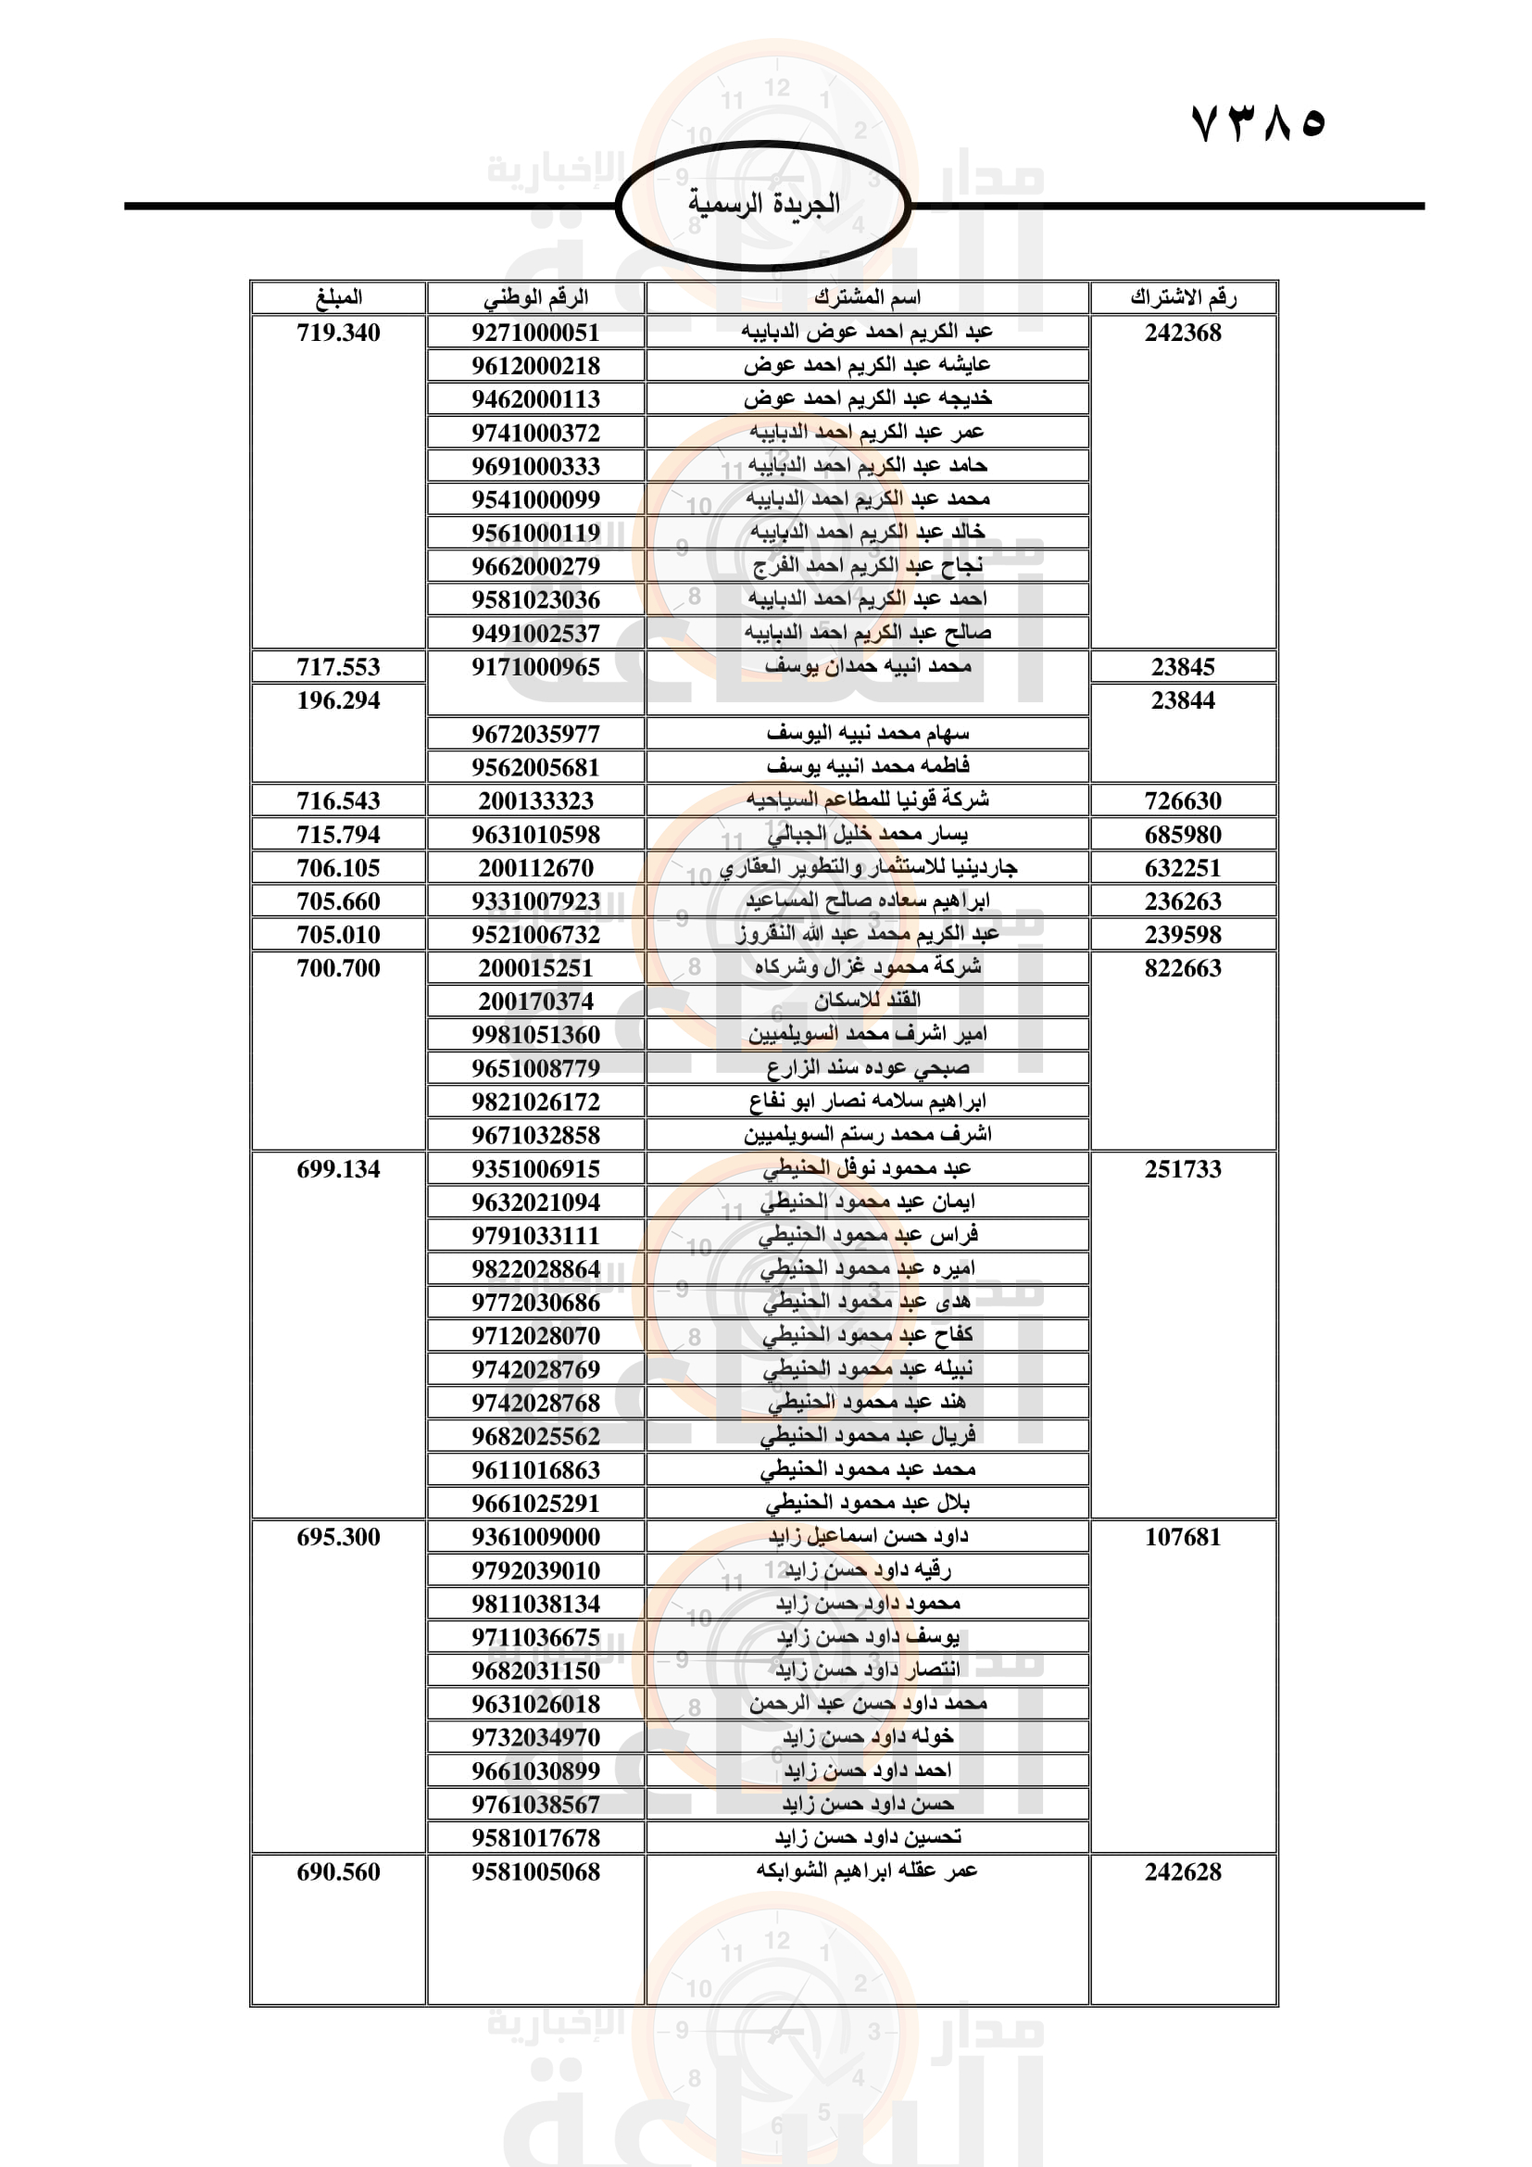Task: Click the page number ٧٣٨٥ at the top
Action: click(1259, 122)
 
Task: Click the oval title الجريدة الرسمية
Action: click(763, 204)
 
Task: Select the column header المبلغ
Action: click(338, 297)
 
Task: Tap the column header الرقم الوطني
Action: click(535, 297)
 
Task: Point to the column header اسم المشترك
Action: click(867, 297)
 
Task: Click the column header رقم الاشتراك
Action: click(1183, 297)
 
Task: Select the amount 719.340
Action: click(338, 333)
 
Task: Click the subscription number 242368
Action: click(1183, 333)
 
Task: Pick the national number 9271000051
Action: click(535, 333)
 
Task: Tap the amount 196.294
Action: click(338, 700)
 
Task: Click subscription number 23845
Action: click(1183, 666)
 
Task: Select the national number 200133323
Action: click(535, 800)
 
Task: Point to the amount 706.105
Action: click(338, 867)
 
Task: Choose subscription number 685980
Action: click(1183, 835)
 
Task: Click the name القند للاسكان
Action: click(867, 1001)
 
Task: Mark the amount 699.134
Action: click(338, 1168)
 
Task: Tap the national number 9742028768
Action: click(535, 1403)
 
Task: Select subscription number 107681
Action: click(1183, 1536)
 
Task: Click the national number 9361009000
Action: click(535, 1536)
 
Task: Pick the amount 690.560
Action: click(338, 1871)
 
